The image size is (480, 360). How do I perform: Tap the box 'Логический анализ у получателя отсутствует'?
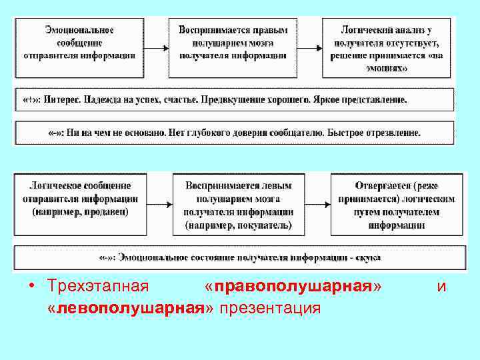(x=387, y=47)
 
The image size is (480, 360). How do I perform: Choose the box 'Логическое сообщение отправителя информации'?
(x=80, y=203)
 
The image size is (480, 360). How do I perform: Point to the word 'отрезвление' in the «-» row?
(x=393, y=132)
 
